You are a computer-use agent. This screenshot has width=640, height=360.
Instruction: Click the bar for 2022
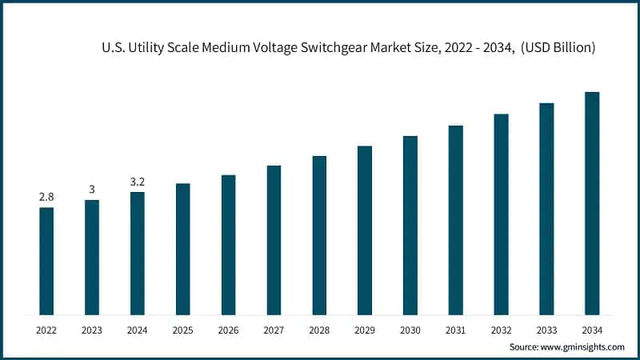point(46,261)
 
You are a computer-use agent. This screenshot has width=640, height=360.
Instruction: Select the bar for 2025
point(183,249)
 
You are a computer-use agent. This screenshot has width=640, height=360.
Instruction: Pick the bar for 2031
point(456,219)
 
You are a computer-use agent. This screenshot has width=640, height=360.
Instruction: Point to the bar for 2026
point(229,244)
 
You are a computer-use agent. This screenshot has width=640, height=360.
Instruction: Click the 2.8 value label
point(46,197)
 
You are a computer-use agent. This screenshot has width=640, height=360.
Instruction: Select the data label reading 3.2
point(138,182)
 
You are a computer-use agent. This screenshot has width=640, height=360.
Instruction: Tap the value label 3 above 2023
point(92,190)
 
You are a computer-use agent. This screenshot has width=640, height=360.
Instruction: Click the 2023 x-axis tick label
point(92,330)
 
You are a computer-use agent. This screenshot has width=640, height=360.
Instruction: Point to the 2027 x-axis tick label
point(274,330)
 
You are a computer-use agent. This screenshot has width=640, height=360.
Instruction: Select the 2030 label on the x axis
point(410,330)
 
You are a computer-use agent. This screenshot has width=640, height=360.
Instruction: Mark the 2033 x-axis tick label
point(546,330)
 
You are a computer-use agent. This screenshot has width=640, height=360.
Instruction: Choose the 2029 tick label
point(365,330)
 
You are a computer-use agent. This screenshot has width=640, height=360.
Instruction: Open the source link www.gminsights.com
point(581,347)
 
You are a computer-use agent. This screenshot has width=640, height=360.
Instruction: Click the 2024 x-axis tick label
point(138,330)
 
